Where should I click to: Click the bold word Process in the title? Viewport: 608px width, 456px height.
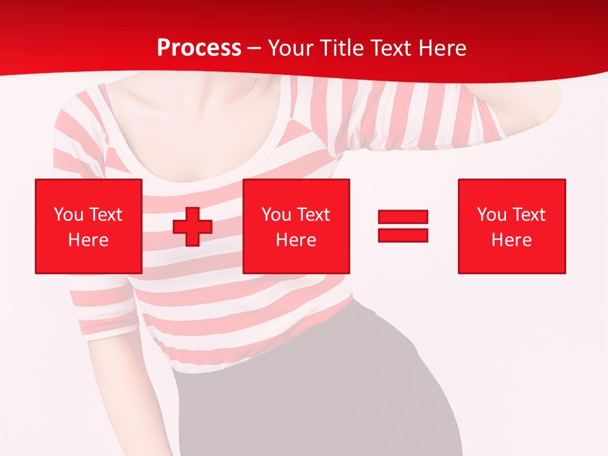tap(199, 48)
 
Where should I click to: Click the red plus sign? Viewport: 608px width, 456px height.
tap(193, 227)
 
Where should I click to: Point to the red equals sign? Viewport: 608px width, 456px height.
tap(403, 226)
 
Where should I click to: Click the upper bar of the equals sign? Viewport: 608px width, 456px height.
tap(403, 217)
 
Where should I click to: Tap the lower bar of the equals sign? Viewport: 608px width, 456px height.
tap(403, 235)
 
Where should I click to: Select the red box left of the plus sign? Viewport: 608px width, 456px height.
tap(89, 226)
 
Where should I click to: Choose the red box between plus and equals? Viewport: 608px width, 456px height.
tap(296, 226)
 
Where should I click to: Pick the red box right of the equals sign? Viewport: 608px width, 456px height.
tap(512, 226)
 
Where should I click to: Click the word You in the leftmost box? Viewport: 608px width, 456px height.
tap(68, 215)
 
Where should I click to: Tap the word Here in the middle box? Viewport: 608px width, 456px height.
tap(296, 240)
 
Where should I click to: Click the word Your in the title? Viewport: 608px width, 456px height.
tap(290, 48)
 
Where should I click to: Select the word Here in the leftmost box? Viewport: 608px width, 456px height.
tap(89, 240)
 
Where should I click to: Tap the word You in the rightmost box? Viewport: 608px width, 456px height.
tap(491, 215)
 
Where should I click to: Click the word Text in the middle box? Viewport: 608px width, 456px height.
tap(313, 215)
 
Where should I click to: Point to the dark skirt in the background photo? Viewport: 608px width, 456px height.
tap(317, 393)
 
